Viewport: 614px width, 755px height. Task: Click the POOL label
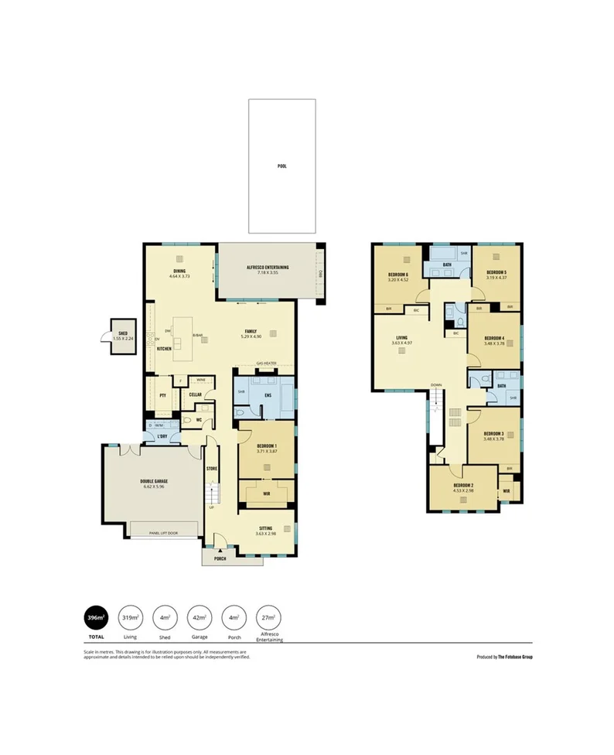click(281, 166)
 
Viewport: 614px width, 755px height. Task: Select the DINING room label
click(179, 271)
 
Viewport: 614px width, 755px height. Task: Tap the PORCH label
click(220, 558)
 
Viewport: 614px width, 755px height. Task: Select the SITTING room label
click(266, 527)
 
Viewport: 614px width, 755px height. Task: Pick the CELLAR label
click(196, 395)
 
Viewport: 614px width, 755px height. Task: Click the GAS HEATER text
click(266, 363)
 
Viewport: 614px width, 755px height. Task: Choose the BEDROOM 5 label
click(496, 272)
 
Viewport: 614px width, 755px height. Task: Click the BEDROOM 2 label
click(464, 486)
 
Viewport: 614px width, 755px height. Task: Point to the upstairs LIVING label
click(401, 337)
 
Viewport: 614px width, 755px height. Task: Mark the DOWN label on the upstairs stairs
click(437, 384)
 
